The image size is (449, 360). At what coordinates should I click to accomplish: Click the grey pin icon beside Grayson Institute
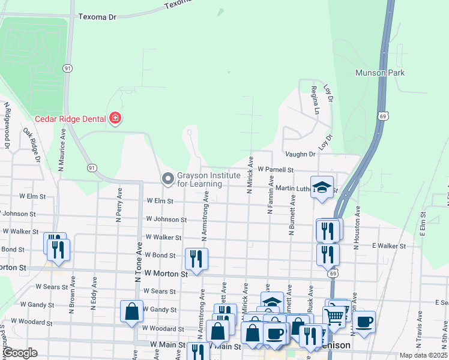[167, 179]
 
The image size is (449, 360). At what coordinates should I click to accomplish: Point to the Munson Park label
[380, 73]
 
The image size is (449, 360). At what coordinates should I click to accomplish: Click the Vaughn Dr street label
[300, 154]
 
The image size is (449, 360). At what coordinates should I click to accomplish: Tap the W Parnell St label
[275, 170]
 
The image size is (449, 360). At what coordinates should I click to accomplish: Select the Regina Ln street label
[314, 100]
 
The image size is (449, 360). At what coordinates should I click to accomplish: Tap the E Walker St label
[389, 246]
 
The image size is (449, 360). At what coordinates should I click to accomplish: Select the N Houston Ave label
[357, 224]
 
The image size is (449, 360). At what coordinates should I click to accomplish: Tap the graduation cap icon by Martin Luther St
[322, 187]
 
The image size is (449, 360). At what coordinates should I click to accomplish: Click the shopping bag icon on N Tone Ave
[131, 312]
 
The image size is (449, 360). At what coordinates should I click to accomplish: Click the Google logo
[20, 353]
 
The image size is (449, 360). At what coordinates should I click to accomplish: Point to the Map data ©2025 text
[424, 355]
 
